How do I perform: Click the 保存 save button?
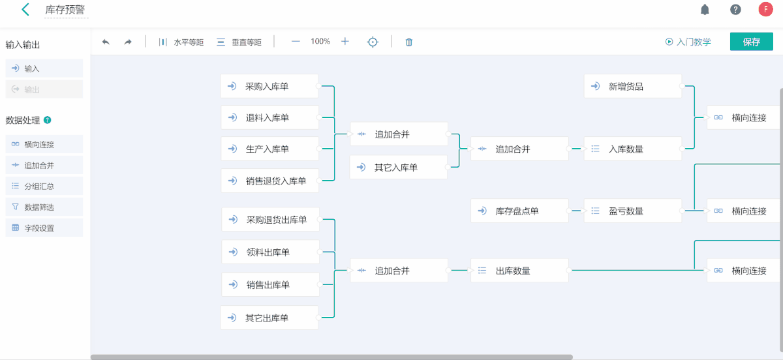click(751, 42)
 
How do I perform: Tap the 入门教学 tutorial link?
click(688, 42)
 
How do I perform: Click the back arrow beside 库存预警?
click(25, 10)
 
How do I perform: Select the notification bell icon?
click(705, 10)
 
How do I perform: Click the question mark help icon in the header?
click(735, 10)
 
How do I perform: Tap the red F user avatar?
click(765, 9)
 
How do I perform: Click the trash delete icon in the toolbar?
click(409, 42)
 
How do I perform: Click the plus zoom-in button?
click(345, 41)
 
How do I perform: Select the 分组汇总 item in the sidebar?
click(44, 186)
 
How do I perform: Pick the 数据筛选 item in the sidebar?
click(44, 207)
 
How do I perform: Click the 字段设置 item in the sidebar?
click(44, 228)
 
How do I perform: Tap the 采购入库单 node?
click(269, 86)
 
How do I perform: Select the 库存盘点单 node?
click(519, 211)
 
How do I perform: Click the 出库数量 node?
click(519, 270)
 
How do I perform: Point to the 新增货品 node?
click(632, 86)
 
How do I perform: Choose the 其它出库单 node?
click(269, 318)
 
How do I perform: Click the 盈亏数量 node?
click(632, 211)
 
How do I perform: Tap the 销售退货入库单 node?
click(269, 181)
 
